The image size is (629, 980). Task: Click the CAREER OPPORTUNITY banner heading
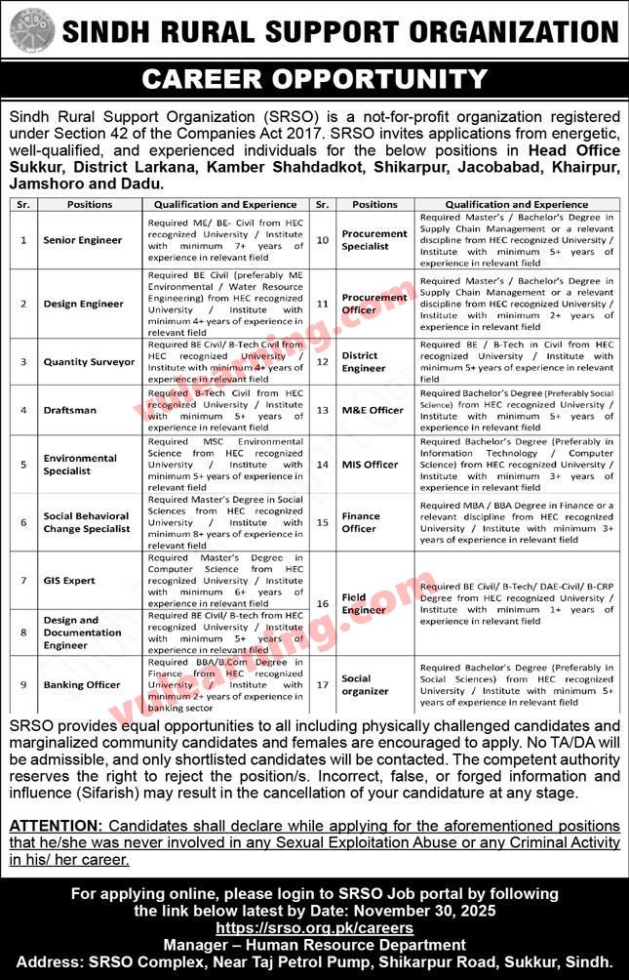[314, 78]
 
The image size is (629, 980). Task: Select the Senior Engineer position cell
[83, 240]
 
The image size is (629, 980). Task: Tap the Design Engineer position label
[84, 304]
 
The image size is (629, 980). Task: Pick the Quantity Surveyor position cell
[89, 361]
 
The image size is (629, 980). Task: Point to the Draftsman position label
[70, 410]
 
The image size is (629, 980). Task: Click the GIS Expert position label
[70, 581]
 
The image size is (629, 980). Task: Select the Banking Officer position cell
[82, 685]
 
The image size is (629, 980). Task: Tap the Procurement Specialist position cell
[374, 240]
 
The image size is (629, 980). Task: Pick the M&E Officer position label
[373, 410]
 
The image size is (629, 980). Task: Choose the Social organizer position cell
[365, 685]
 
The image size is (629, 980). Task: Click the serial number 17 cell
[323, 685]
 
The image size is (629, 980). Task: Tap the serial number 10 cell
[323, 240]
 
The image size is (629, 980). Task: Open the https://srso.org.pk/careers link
[314, 928]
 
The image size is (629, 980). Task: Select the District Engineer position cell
[364, 362]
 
